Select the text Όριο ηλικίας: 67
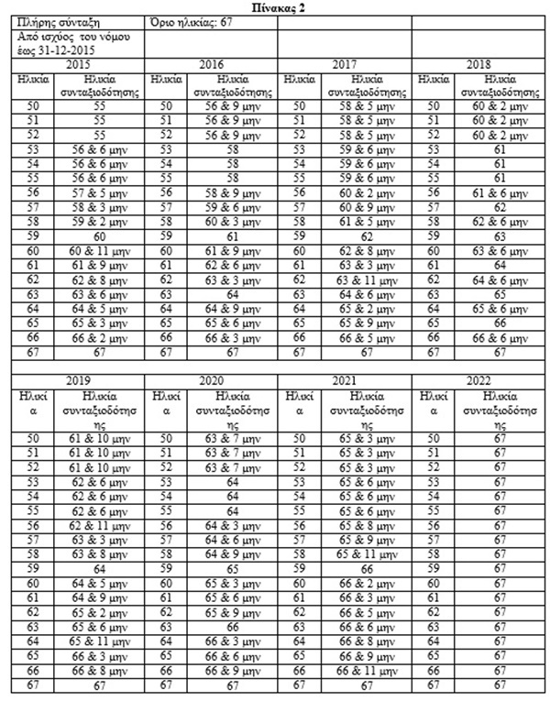click(188, 20)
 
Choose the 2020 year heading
click(214, 379)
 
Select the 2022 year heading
click(479, 379)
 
